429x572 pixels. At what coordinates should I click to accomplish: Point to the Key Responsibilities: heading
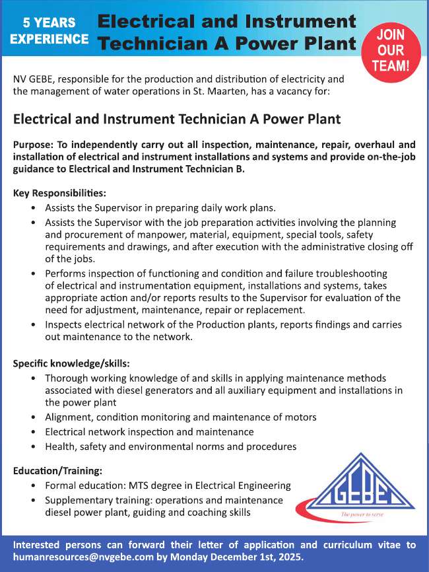tap(59, 194)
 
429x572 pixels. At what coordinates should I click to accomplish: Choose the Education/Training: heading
tap(57, 471)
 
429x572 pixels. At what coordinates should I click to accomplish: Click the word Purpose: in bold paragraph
tap(34, 145)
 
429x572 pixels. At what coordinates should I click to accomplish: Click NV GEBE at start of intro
tap(36, 79)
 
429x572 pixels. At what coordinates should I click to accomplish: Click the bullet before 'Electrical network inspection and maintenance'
tap(34, 432)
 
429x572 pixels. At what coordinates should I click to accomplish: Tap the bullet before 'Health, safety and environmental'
tap(34, 447)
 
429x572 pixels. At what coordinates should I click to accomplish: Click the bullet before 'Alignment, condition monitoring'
tap(34, 417)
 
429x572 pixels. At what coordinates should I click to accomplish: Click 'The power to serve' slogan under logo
tap(363, 514)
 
